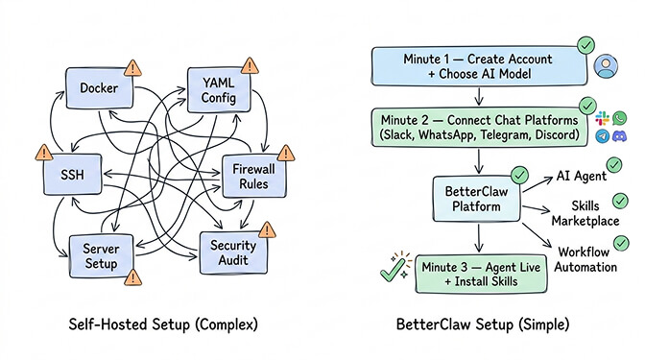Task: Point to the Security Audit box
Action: (x=232, y=252)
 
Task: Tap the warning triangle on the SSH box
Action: (x=43, y=152)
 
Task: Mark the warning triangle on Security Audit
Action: (x=266, y=230)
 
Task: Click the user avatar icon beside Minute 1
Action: (x=607, y=65)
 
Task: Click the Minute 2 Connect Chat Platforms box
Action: (x=477, y=126)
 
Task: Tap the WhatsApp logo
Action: (x=620, y=118)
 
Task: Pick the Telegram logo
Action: (x=602, y=136)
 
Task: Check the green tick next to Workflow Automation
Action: (x=622, y=244)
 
